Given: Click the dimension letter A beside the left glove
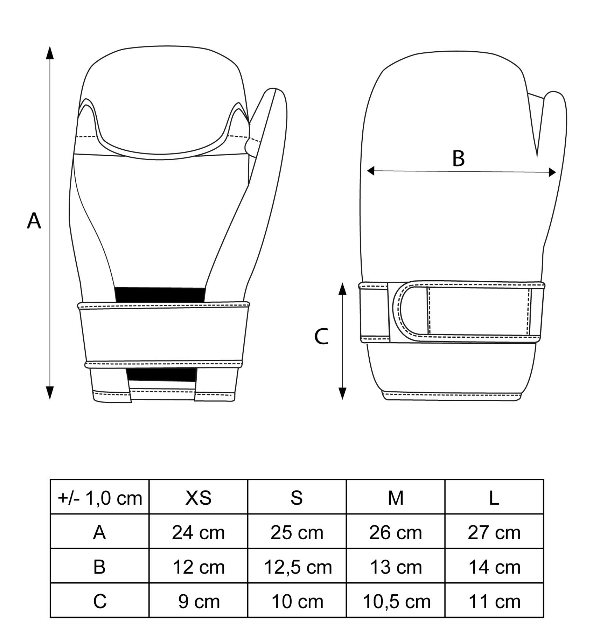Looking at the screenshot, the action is pyautogui.click(x=34, y=221).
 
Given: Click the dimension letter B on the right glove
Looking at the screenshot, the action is pyautogui.click(x=458, y=158).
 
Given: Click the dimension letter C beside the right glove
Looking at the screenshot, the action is pyautogui.click(x=321, y=336).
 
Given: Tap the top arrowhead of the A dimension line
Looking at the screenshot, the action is pyautogui.click(x=50, y=53).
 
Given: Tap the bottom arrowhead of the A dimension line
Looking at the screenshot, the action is pyautogui.click(x=50, y=393).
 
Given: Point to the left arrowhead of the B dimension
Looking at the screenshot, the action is pyautogui.click(x=370, y=171).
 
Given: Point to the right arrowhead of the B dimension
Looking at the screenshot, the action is pyautogui.click(x=552, y=172).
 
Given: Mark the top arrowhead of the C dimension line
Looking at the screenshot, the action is pyautogui.click(x=342, y=289).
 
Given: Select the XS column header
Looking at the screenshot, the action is pyautogui.click(x=198, y=498).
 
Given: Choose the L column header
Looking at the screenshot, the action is pyautogui.click(x=494, y=498).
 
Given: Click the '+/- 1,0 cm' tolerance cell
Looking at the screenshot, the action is pyautogui.click(x=100, y=498).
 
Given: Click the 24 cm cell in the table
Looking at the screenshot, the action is pyautogui.click(x=198, y=533).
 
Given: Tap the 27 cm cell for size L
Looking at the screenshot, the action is pyautogui.click(x=494, y=533).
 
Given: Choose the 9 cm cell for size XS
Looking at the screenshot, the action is pyautogui.click(x=199, y=601).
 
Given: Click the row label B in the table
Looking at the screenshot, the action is pyautogui.click(x=100, y=567).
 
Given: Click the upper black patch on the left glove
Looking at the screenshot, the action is pyautogui.click(x=160, y=295).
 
